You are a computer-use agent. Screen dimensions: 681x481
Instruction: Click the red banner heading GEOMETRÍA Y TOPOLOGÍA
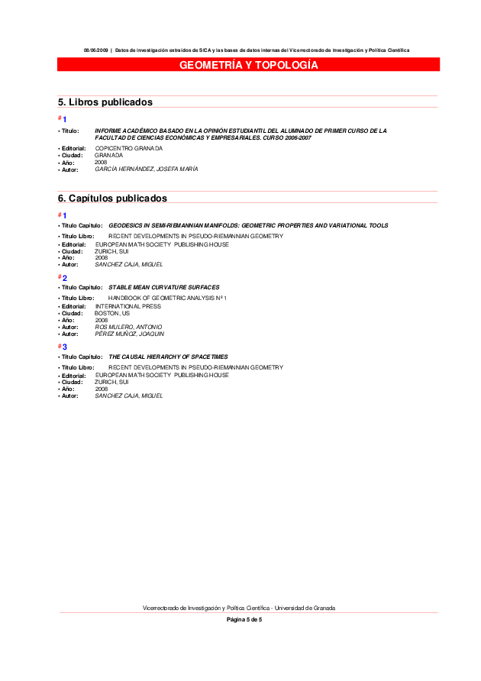pos(248,66)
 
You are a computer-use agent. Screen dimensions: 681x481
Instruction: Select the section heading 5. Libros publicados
pos(105,102)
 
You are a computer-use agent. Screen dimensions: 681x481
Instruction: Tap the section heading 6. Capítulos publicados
pos(112,198)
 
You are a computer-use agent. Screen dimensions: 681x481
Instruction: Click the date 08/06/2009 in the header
pos(97,50)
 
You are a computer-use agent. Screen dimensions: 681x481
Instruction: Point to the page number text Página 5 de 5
pos(244,620)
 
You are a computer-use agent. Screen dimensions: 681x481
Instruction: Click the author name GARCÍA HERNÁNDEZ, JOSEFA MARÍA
pos(146,169)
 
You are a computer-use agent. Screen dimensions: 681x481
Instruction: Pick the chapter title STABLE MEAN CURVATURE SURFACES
pos(163,287)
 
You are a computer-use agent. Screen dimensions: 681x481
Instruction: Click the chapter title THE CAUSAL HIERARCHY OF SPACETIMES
pos(168,357)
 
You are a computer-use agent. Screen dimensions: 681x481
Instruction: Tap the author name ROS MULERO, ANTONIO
pos(128,327)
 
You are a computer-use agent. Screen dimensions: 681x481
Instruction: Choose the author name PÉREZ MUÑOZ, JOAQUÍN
pos(129,334)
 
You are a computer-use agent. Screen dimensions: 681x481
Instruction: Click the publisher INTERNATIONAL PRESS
pos(128,306)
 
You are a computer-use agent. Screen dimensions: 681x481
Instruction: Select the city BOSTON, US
pos(112,313)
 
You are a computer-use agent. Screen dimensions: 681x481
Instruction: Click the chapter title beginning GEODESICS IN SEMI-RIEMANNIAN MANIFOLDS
pos(248,225)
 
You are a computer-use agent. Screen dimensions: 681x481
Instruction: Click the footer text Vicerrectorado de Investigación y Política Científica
pos(239,608)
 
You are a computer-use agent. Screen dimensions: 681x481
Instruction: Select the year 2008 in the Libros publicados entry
pos(101,162)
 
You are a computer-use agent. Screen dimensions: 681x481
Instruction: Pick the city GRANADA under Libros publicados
pos(108,155)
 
